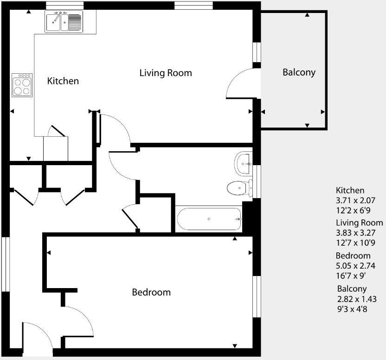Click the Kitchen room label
[x=63, y=81]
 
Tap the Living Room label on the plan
[x=166, y=73]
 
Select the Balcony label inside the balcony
[x=299, y=72]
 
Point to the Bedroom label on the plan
[x=151, y=292]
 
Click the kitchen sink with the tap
[x=64, y=22]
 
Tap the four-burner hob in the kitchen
[x=22, y=85]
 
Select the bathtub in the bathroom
[x=209, y=219]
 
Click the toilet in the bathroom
[x=239, y=188]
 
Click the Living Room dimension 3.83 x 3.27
[x=355, y=233]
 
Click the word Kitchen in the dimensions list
[x=350, y=191]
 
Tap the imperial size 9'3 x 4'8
[x=352, y=309]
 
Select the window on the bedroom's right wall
[x=256, y=297]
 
